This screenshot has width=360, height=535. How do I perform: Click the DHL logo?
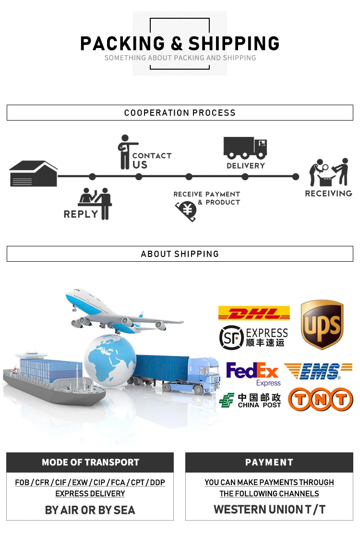[254, 314]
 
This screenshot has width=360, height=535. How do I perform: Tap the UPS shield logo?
[322, 325]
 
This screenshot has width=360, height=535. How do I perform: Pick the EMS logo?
[318, 371]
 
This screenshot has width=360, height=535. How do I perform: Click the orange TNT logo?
[320, 400]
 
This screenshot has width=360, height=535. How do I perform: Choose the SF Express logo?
[253, 337]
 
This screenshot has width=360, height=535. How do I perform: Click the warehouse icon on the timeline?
[34, 173]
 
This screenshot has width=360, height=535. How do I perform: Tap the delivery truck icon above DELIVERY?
[245, 148]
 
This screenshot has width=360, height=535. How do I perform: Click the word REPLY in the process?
[81, 214]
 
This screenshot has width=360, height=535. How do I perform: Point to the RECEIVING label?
[328, 194]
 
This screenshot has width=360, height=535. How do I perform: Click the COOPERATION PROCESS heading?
[180, 113]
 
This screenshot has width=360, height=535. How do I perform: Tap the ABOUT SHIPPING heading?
[180, 254]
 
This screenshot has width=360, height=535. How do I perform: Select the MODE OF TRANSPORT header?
[90, 462]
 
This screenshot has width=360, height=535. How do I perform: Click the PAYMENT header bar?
[269, 462]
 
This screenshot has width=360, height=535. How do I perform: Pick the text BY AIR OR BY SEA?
[90, 510]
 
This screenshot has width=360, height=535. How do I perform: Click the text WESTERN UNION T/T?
[269, 510]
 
